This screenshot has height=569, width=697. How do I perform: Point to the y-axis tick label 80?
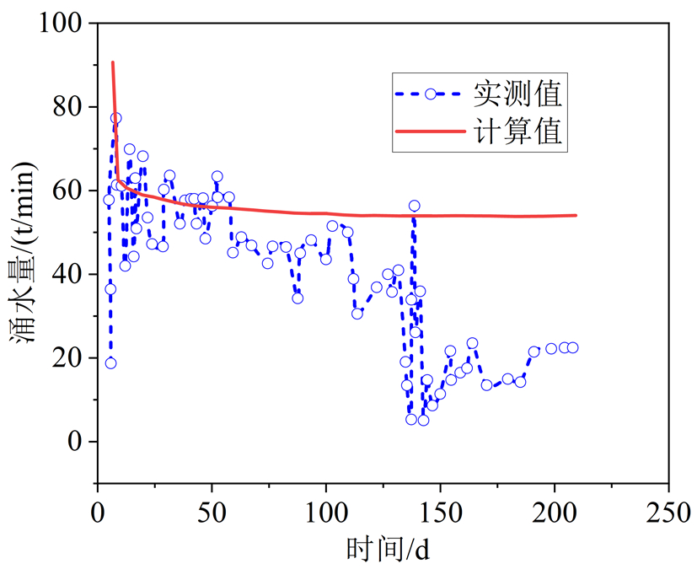69,108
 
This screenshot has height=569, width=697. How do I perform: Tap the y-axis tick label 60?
69,191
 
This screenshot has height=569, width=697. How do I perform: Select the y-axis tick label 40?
69,275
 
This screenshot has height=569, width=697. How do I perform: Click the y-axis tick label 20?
69,358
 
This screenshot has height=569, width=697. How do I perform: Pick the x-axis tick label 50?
212,511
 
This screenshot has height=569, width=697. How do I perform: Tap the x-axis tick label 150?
440,511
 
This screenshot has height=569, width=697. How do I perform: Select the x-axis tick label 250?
668,511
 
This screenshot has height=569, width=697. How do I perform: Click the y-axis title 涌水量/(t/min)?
26,253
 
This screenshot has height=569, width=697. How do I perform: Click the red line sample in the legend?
430,132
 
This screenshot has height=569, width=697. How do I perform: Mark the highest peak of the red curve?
112,62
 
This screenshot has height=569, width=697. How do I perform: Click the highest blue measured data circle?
115,118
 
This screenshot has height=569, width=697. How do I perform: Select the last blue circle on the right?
572,347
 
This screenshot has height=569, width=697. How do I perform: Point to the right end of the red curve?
576,215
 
